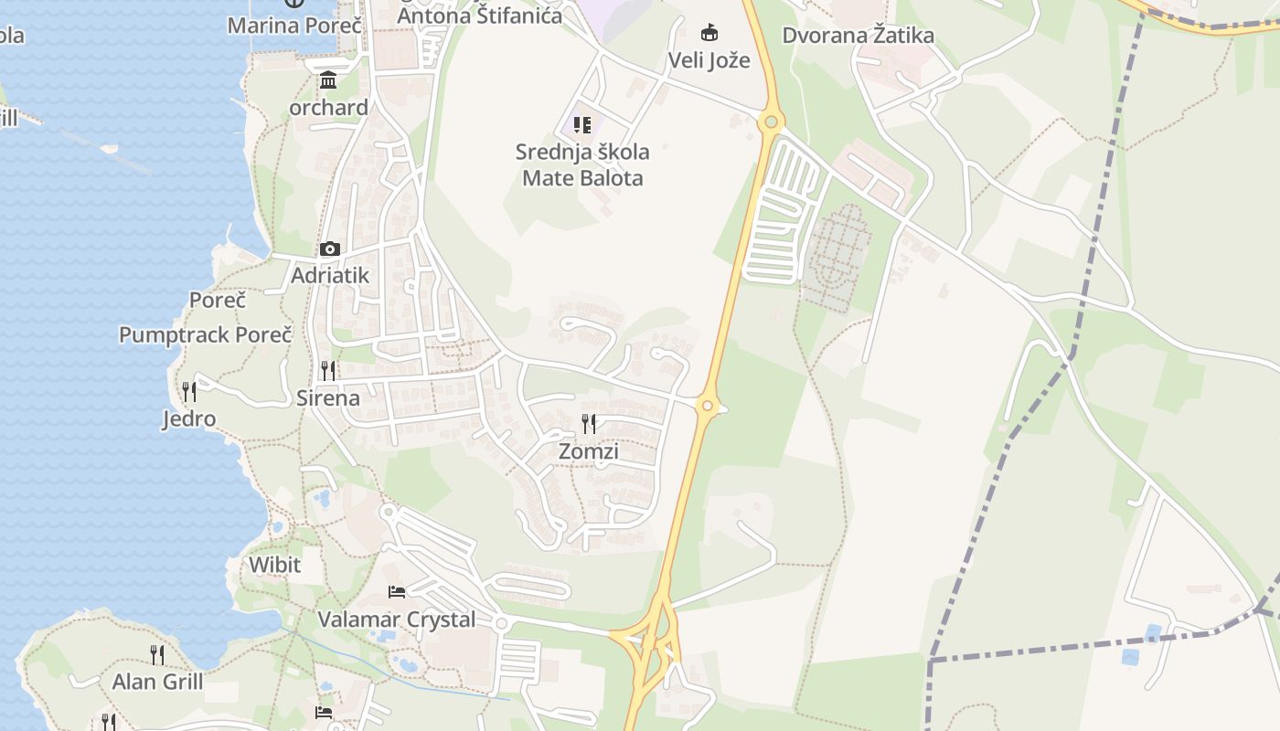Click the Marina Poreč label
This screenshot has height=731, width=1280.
(x=294, y=25)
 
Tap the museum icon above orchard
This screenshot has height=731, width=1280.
(x=328, y=80)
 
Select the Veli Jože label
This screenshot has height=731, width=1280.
(x=709, y=60)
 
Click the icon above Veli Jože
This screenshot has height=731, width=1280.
(x=709, y=33)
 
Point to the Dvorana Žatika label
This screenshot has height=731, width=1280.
(x=858, y=36)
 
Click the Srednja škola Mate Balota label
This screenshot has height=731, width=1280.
(x=582, y=164)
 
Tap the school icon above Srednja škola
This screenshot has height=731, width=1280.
(x=582, y=124)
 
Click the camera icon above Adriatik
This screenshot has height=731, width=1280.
(x=329, y=249)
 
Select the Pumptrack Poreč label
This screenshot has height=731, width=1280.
(x=205, y=334)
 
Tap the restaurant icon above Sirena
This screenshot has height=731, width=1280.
(x=327, y=370)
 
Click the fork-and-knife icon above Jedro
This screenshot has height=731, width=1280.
(x=189, y=392)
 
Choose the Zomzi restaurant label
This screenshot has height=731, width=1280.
(x=589, y=451)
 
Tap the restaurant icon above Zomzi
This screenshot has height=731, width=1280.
(x=589, y=423)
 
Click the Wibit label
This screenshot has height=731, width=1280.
(x=274, y=565)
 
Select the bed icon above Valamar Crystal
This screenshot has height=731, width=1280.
(x=397, y=592)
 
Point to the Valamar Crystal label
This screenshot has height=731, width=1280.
(x=396, y=620)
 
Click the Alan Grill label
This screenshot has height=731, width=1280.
(x=157, y=682)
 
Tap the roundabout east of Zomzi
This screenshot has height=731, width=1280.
(x=707, y=405)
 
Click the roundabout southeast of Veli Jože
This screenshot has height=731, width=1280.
(x=771, y=120)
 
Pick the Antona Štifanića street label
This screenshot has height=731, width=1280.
(x=480, y=16)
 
